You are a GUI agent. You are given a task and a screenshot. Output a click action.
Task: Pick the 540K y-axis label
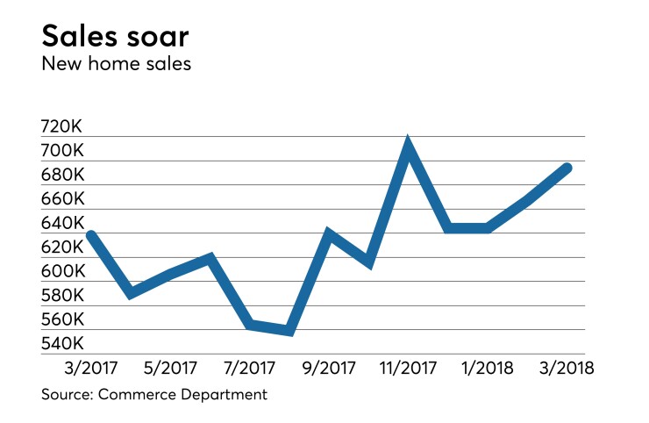tap(61, 343)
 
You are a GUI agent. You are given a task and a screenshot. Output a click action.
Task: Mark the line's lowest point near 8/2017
tap(289, 331)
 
